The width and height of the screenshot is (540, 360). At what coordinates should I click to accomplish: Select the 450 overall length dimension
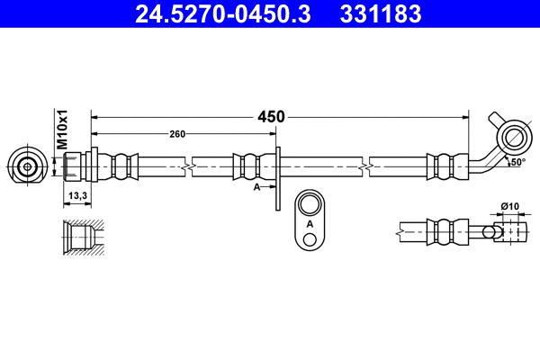(x=271, y=116)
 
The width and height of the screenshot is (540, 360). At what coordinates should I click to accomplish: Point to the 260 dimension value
(x=177, y=134)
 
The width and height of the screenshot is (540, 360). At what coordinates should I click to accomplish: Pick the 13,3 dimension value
(x=77, y=195)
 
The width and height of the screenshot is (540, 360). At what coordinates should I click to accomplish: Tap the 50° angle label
(x=516, y=162)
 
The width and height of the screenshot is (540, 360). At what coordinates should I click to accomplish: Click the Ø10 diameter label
(x=509, y=208)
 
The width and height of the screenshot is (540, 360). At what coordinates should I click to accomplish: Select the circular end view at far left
(x=28, y=166)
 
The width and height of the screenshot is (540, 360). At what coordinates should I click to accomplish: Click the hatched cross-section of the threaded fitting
(x=82, y=238)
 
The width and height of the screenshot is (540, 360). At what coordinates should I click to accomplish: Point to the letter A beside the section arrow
(x=256, y=186)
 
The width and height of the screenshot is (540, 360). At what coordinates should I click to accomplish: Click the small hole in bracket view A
(x=310, y=238)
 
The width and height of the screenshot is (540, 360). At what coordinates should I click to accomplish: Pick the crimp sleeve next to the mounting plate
(x=249, y=166)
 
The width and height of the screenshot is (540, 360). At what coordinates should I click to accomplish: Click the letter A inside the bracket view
(x=310, y=222)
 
